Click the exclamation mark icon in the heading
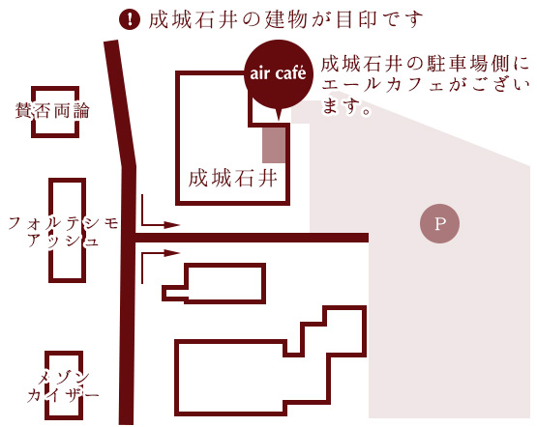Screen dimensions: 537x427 pyautogui.click(x=130, y=19)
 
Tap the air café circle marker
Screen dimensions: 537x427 pyautogui.click(x=279, y=73)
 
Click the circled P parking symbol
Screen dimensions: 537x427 pyautogui.click(x=439, y=223)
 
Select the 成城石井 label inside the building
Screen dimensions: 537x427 pyautogui.click(x=232, y=178)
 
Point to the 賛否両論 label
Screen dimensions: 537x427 pyautogui.click(x=52, y=110)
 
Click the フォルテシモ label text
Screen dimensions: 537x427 pyautogui.click(x=63, y=223)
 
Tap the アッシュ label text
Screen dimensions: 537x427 pyautogui.click(x=64, y=241)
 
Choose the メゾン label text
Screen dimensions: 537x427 pyautogui.click(x=64, y=379)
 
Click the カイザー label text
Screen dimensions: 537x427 pyautogui.click(x=63, y=395)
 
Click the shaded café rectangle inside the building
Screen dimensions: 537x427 pyautogui.click(x=274, y=145)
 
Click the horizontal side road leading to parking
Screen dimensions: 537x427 pyautogui.click(x=252, y=238)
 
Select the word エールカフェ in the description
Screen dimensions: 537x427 pyautogui.click(x=383, y=85)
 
